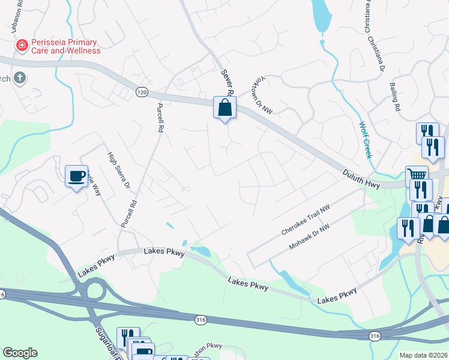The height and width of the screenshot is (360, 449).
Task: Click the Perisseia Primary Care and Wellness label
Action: click(x=66, y=46)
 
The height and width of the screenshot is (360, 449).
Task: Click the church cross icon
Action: click(x=19, y=77)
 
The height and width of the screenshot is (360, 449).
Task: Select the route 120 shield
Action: click(x=141, y=92)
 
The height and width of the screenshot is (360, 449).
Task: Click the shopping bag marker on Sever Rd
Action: click(x=225, y=108)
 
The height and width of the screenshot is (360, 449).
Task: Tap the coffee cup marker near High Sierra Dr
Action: click(x=76, y=176)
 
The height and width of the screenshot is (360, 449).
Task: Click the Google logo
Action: click(x=20, y=353)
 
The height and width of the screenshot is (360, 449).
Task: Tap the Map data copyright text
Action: click(x=423, y=355)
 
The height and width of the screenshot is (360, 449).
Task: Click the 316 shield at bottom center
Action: click(x=200, y=321)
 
